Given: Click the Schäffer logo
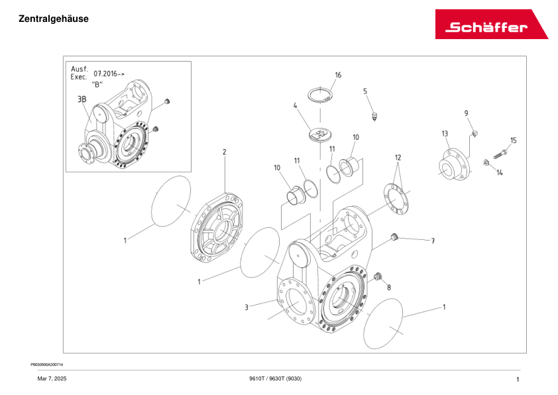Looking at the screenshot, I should point(491,25).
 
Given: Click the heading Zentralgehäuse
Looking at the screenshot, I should point(54,19).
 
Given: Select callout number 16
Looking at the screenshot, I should point(338,75).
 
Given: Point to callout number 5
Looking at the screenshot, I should point(364,91).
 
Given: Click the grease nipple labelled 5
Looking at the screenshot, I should point(375,117).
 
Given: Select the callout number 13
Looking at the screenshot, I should point(445,133).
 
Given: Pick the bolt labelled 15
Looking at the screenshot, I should point(499,154).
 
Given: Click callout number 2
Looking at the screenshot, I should point(224,152).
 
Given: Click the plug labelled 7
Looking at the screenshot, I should point(394,237).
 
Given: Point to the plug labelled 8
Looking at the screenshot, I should point(379,276).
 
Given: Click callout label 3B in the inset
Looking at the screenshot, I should point(82,99).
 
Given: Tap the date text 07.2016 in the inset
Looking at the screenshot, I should point(109,74).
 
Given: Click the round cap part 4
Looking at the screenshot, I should point(319,134).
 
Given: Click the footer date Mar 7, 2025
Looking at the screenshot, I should point(51,378).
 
